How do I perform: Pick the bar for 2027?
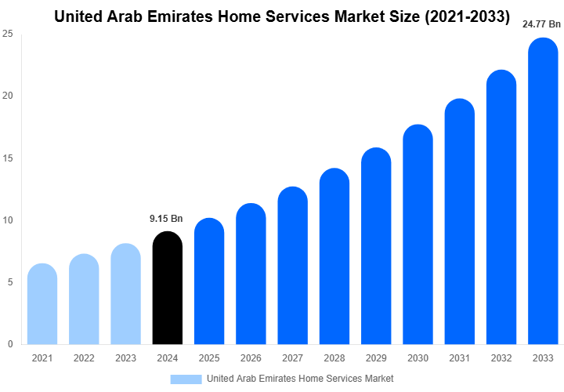coord(292,267)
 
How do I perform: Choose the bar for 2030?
coord(418,235)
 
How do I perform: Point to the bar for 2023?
coord(125,295)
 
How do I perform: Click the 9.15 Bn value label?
coord(166,219)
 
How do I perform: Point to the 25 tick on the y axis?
coord(7,34)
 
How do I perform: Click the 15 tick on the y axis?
coord(7,158)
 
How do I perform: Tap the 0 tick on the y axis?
coord(9,344)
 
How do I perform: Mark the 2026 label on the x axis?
coord(251,358)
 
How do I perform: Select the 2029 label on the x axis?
coord(376,358)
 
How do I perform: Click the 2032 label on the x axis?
coord(501,358)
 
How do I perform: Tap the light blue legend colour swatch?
coord(186,379)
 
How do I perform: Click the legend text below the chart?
coord(300,379)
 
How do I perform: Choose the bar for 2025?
coord(209,282)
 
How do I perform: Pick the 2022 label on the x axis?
coord(83,358)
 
